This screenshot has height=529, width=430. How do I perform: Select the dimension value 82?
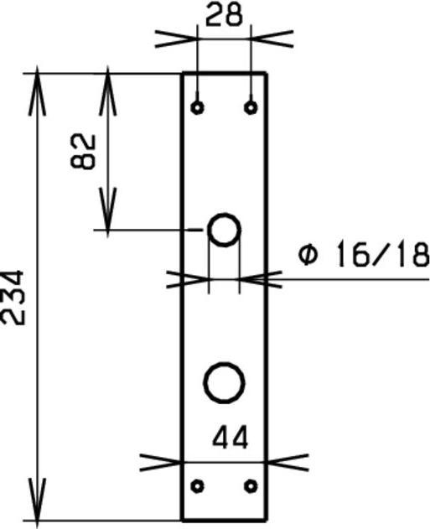tap(85, 151)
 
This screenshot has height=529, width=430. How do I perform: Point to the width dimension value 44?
tap(230, 437)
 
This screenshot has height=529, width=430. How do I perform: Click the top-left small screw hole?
tap(197, 107)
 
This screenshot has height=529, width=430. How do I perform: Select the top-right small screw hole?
tap(250, 107)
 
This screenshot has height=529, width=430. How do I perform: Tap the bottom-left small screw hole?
tap(198, 485)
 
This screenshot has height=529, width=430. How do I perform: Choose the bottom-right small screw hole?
tap(250, 485)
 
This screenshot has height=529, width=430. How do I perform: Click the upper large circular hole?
tap(224, 229)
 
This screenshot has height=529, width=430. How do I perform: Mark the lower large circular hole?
tap(224, 381)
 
